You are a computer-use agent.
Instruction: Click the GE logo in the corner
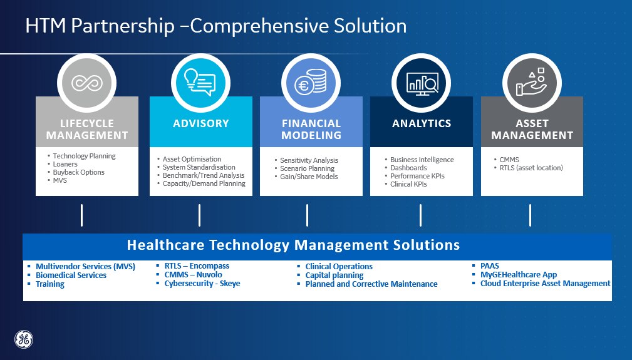click(x=24, y=339)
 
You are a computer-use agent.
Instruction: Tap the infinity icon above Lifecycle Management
click(x=86, y=83)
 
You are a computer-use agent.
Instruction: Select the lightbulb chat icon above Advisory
click(x=200, y=83)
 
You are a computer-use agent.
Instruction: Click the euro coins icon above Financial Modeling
click(x=310, y=83)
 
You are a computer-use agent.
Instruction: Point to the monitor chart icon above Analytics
click(x=422, y=84)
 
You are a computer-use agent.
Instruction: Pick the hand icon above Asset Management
click(x=532, y=82)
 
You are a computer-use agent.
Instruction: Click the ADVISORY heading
click(x=200, y=123)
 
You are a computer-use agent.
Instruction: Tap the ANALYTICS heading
click(x=422, y=123)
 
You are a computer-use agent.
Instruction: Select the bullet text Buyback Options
click(x=78, y=172)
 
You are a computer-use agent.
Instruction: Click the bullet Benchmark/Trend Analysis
click(x=203, y=175)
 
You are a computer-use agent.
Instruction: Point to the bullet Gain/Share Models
click(x=309, y=177)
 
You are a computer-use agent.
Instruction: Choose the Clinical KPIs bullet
click(x=408, y=184)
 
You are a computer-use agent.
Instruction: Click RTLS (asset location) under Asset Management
click(x=531, y=168)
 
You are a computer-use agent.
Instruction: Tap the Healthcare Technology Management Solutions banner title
click(x=293, y=245)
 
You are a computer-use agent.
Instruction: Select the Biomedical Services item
click(x=71, y=275)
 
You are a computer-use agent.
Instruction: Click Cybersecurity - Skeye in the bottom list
click(x=202, y=284)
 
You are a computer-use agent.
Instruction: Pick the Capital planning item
click(x=334, y=275)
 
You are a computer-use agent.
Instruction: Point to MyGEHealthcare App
click(x=519, y=275)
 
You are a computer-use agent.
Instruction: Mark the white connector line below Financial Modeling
click(x=307, y=215)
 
